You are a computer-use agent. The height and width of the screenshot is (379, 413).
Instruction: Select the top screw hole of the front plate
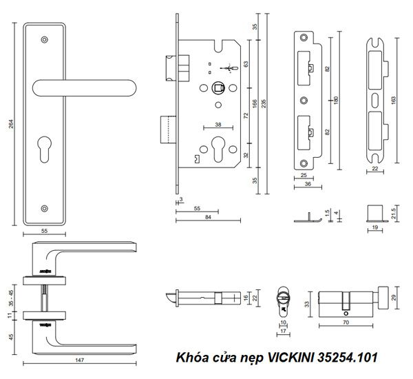click(45, 40)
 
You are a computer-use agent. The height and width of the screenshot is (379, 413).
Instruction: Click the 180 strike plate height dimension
click(337, 99)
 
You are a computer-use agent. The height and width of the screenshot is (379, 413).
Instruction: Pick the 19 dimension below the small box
click(375, 225)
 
